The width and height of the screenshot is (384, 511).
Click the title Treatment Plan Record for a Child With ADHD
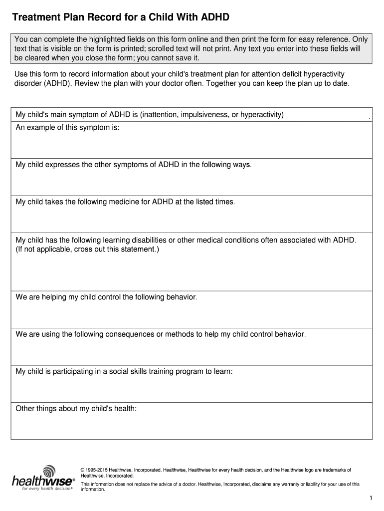pos(121,18)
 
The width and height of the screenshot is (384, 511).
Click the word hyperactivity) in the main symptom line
pos(262,115)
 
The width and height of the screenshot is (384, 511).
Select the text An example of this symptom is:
pos(68,127)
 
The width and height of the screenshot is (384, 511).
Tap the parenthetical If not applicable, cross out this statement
pos(88,249)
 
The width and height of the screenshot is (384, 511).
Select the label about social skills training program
pos(124,371)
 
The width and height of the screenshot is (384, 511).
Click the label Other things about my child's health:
pos(76,409)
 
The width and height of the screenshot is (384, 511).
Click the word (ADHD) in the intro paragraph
pos(47,83)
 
